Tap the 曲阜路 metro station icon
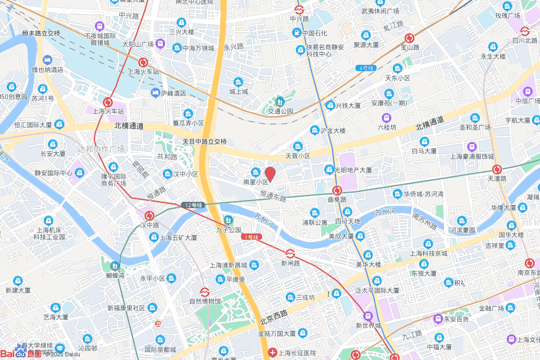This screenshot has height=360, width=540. point(337,190)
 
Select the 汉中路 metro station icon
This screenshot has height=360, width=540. point(149,216)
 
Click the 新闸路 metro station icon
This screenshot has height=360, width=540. point(290,254)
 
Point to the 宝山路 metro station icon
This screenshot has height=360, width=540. point(409,38)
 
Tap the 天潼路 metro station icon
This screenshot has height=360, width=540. point(497,169)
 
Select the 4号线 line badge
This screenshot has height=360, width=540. point(365,68)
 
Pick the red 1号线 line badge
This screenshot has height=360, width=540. point(251,237)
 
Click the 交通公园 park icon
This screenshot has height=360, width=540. point(280,101)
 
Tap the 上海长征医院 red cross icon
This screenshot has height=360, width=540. point(272,352)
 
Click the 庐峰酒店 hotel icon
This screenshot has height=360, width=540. point(155,93)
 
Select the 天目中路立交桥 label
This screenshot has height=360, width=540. point(205,141)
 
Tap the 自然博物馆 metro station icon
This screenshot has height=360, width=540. point(204,291)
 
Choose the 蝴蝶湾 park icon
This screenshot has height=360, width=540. point(114,266)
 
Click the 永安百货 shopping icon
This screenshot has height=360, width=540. point(437,318)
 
